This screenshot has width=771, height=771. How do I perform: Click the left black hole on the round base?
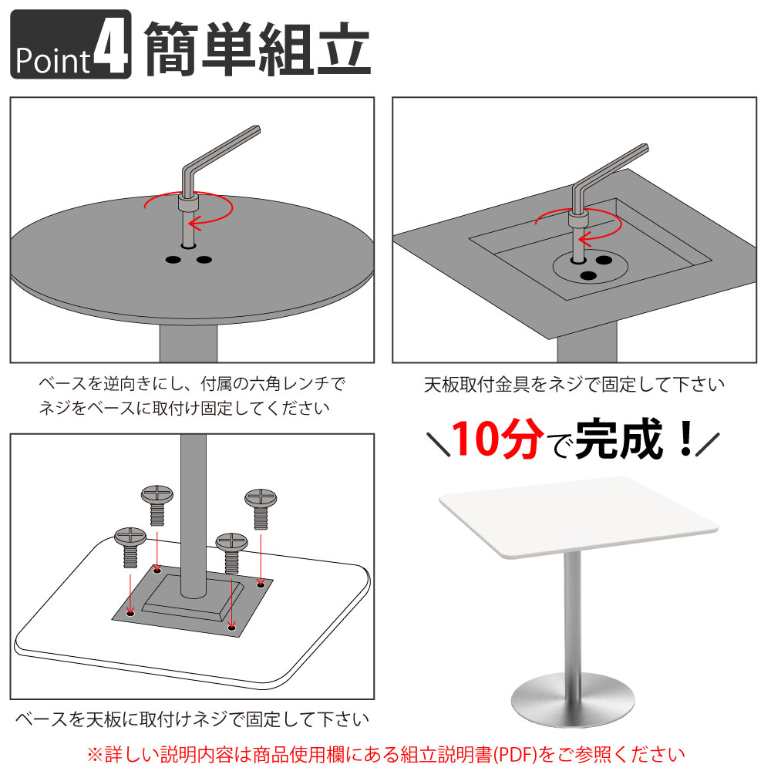(x=173, y=261)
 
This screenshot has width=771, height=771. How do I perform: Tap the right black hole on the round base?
(x=204, y=260)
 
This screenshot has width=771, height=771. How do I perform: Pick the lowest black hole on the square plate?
(x=588, y=275)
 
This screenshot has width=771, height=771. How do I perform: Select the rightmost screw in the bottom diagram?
(x=260, y=509)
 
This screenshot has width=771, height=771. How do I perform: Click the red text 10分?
(x=493, y=439)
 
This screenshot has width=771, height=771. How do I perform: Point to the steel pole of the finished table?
(x=572, y=617)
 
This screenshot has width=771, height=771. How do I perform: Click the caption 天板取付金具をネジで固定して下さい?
(x=574, y=383)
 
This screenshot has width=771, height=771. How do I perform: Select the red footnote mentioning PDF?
(x=385, y=752)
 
